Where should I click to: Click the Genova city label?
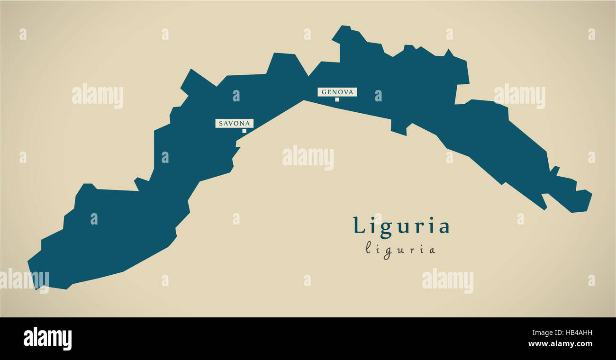[337, 92]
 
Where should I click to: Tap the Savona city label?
[234, 123]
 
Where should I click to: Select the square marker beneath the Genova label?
[337, 99]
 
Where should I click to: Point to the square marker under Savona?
[245, 131]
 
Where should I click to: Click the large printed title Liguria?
[401, 226]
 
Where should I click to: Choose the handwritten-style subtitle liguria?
[400, 249]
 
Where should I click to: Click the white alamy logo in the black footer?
[47, 339]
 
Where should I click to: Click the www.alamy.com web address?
[560, 344]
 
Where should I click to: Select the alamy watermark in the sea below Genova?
[308, 158]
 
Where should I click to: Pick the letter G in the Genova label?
[324, 92]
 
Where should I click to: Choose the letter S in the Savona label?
[221, 124]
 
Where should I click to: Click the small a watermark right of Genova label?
[378, 96]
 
